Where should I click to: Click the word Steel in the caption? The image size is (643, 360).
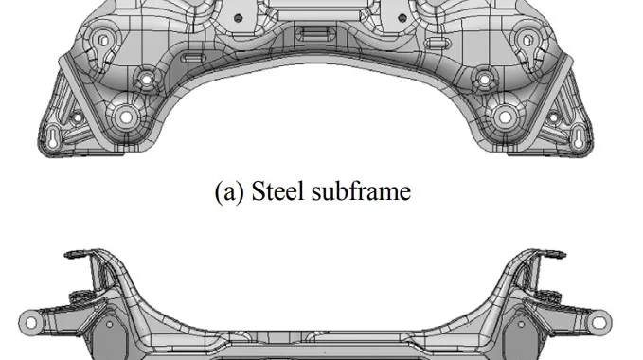click(277, 191)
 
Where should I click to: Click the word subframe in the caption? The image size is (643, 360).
click(361, 191)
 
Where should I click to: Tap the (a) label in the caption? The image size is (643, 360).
click(229, 191)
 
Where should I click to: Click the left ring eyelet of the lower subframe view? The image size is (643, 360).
click(30, 323)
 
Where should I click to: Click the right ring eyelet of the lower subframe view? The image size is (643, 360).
click(599, 323)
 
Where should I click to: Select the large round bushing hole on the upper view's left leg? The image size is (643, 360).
click(126, 117)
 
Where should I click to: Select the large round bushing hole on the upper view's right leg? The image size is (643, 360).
click(505, 117)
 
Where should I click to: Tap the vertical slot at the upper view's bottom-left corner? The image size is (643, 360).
click(53, 138)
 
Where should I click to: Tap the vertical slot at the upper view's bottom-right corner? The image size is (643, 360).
click(579, 138)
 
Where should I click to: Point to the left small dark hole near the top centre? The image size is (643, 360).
click(238, 18)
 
